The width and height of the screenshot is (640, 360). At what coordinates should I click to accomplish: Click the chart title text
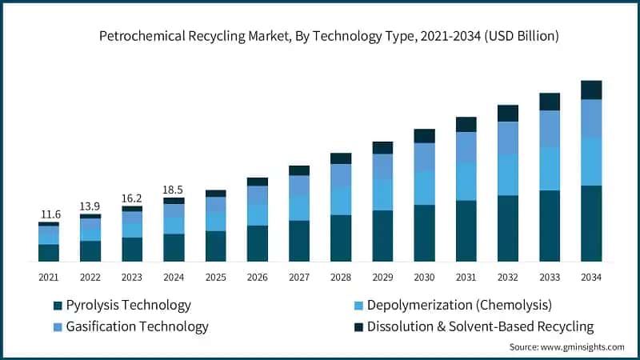click(329, 36)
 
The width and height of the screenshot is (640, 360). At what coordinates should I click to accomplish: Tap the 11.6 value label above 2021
click(51, 214)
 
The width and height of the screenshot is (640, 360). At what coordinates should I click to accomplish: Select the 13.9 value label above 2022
click(90, 206)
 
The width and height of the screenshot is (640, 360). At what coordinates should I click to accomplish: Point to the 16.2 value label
click(131, 198)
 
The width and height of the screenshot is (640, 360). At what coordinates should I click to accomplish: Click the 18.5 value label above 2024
click(174, 189)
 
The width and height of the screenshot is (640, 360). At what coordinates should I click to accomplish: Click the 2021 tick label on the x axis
click(49, 277)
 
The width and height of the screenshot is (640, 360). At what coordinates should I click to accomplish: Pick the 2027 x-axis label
click(299, 277)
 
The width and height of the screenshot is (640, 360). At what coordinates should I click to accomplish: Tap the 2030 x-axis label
click(424, 277)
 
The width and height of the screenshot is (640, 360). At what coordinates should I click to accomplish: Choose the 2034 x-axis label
click(591, 277)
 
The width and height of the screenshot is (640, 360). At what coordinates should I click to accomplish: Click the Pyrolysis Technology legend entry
click(128, 305)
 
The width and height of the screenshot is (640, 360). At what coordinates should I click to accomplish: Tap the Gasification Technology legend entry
click(137, 326)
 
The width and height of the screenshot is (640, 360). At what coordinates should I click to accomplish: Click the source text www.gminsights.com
click(566, 346)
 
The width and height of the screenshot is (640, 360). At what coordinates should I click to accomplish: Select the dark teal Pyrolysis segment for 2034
click(591, 223)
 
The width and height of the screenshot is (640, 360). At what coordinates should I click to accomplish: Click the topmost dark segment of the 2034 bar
click(591, 90)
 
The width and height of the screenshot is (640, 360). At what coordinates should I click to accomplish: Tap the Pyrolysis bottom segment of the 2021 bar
click(49, 253)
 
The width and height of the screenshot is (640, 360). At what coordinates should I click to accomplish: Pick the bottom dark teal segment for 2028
click(341, 238)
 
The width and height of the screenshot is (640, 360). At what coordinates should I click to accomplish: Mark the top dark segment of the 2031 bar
click(466, 124)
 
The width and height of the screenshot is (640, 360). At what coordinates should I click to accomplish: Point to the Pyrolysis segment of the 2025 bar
click(216, 246)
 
